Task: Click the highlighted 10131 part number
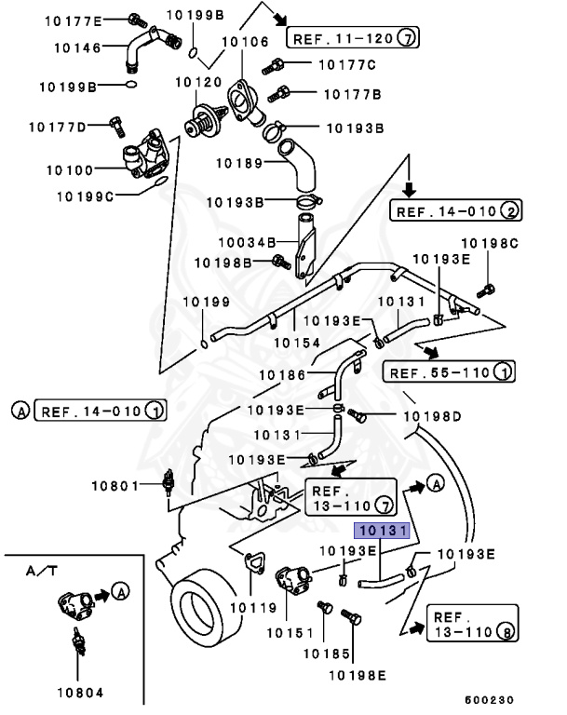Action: [380, 532]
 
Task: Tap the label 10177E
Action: [77, 19]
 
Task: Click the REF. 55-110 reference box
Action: [447, 373]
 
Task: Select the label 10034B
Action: [245, 242]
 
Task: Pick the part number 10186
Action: [282, 374]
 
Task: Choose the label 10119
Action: [253, 608]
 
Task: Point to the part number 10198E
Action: [357, 672]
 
